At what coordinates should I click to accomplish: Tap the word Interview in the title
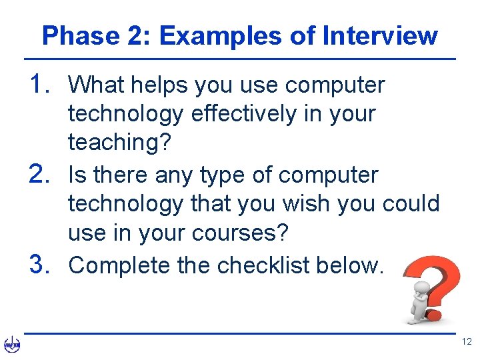coord(380,36)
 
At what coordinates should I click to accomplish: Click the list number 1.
coord(43,84)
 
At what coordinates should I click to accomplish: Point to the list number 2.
coord(43,174)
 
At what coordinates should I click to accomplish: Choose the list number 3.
coord(43,264)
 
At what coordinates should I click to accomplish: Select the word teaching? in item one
coord(119,143)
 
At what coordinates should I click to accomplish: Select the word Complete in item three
coord(120,265)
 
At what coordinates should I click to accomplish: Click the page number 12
coord(466,342)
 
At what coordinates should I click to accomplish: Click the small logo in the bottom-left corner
coord(12,345)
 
